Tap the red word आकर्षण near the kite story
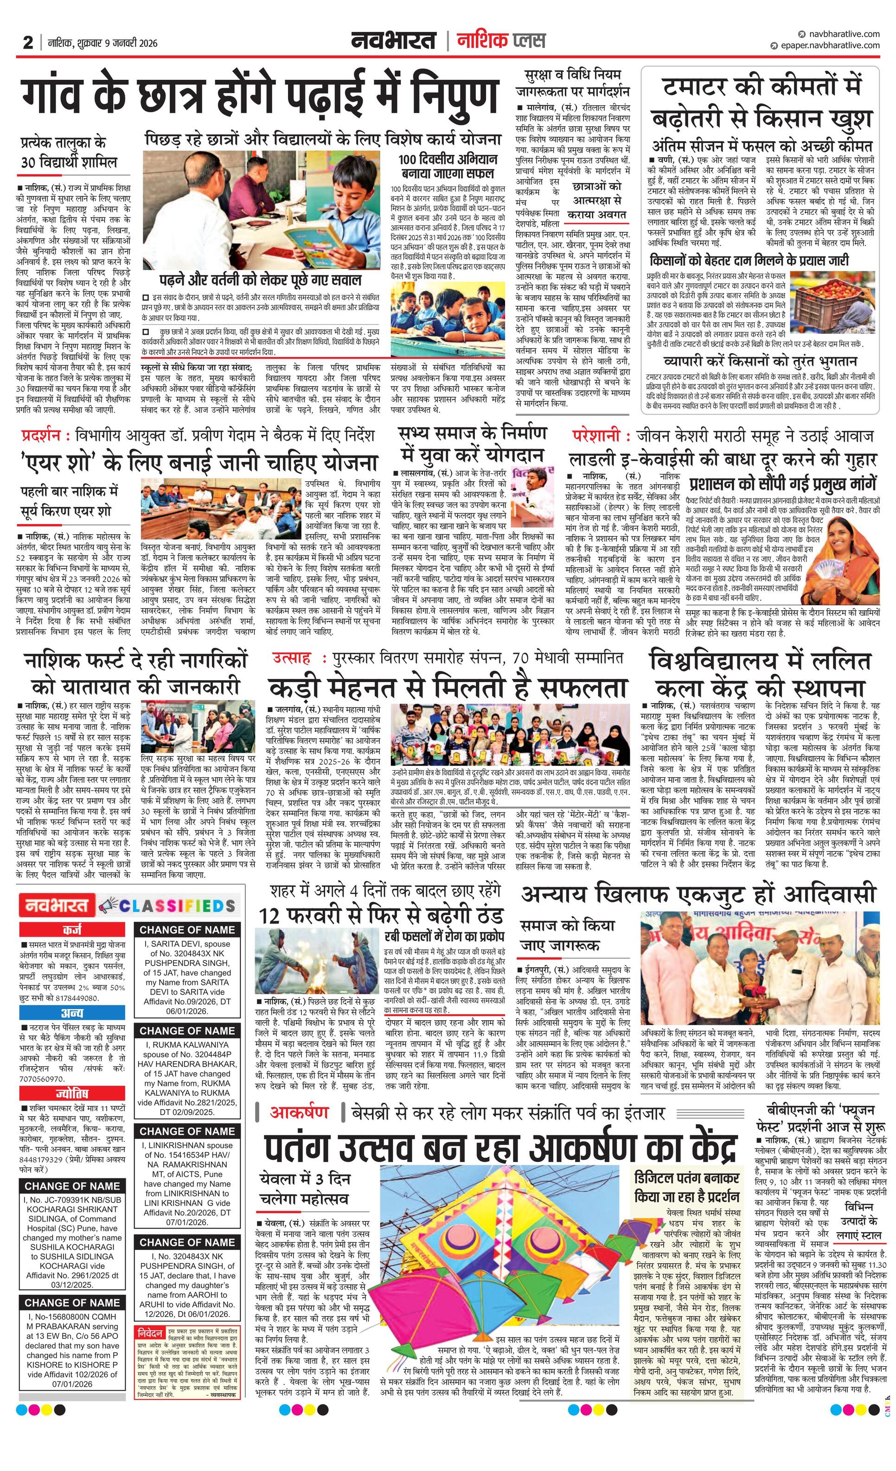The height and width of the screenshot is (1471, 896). pos(299,1112)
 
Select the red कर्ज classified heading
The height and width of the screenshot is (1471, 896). pos(71,930)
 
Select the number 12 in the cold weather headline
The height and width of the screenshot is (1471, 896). pos(270,915)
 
